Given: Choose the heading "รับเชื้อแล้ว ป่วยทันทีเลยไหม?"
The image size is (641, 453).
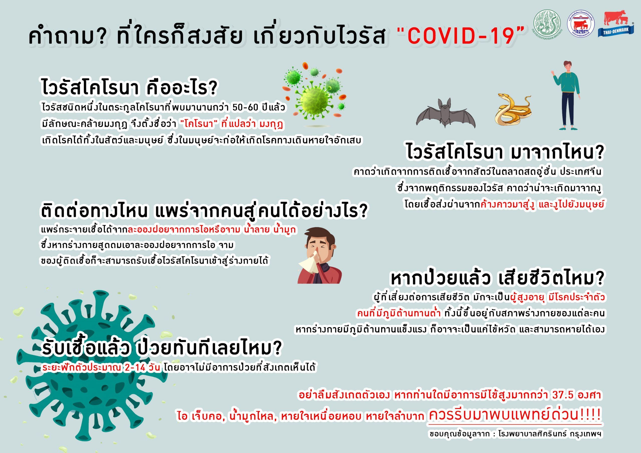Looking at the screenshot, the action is (x=161, y=349).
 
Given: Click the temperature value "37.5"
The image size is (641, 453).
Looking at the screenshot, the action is (x=563, y=395).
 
